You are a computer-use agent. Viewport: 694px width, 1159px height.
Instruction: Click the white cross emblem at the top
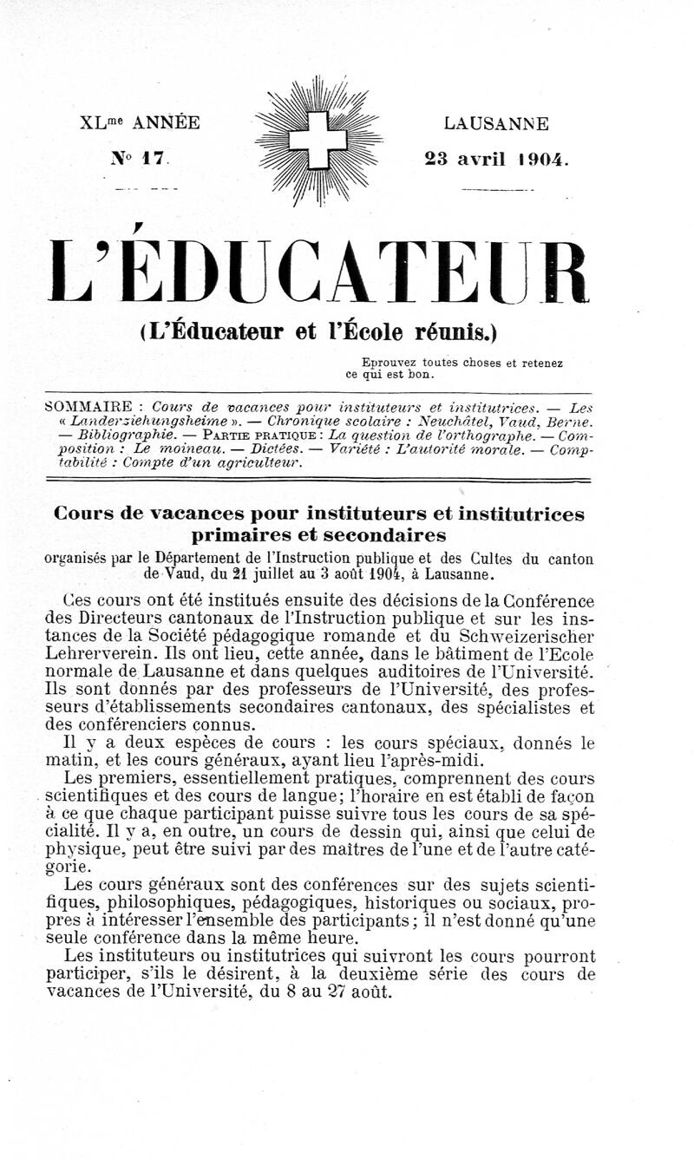[317, 140]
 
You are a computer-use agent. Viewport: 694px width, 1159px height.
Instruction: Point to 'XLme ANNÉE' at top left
[140, 122]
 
